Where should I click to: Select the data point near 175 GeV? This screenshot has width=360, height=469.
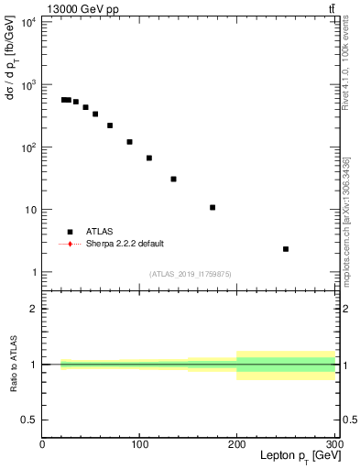(x=213, y=207)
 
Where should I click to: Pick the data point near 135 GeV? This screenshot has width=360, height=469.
(x=173, y=179)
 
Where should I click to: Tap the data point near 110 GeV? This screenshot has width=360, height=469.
(x=149, y=158)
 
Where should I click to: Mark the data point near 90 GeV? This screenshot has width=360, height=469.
(x=129, y=142)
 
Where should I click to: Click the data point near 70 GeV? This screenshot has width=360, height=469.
(x=110, y=125)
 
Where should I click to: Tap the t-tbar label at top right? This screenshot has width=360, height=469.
(x=331, y=8)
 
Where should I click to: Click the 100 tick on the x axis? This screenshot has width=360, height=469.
(x=139, y=445)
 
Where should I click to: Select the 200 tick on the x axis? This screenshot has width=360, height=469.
(x=236, y=445)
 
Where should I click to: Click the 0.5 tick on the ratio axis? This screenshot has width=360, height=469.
(x=28, y=420)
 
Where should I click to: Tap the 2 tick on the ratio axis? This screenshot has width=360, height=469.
(x=33, y=310)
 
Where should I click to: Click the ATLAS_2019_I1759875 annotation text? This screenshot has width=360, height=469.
(x=191, y=273)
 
